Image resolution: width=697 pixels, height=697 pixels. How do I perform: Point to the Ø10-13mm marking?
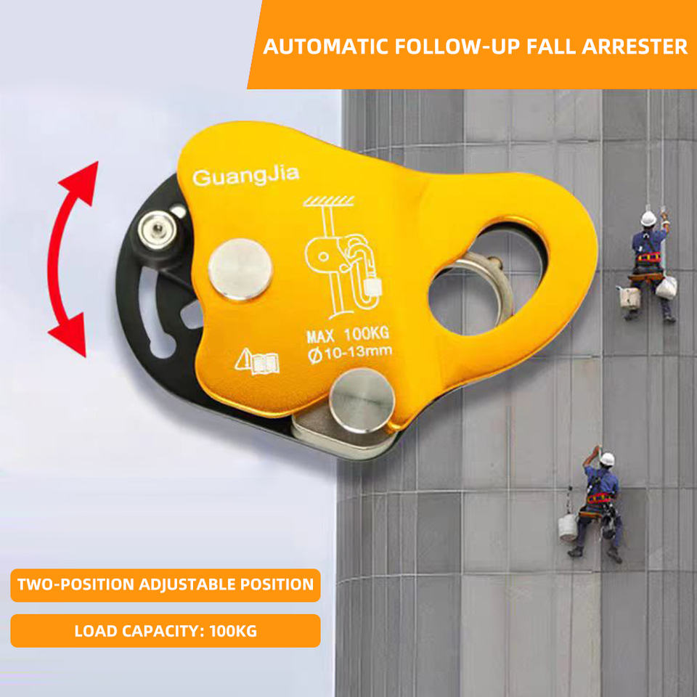[x=349, y=352]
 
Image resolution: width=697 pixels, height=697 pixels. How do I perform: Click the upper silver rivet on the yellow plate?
[x=240, y=269]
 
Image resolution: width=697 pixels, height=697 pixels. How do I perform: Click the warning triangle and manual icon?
[x=257, y=361]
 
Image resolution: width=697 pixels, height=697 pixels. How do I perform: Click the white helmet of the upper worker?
[x=648, y=218]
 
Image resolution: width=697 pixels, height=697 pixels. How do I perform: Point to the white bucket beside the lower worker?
[x=567, y=527]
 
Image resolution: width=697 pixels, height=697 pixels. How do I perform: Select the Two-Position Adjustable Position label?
[x=166, y=584]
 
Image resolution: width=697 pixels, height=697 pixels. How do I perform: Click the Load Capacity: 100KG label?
[x=166, y=630]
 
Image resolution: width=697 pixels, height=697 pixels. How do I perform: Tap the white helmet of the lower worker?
[x=607, y=459]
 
